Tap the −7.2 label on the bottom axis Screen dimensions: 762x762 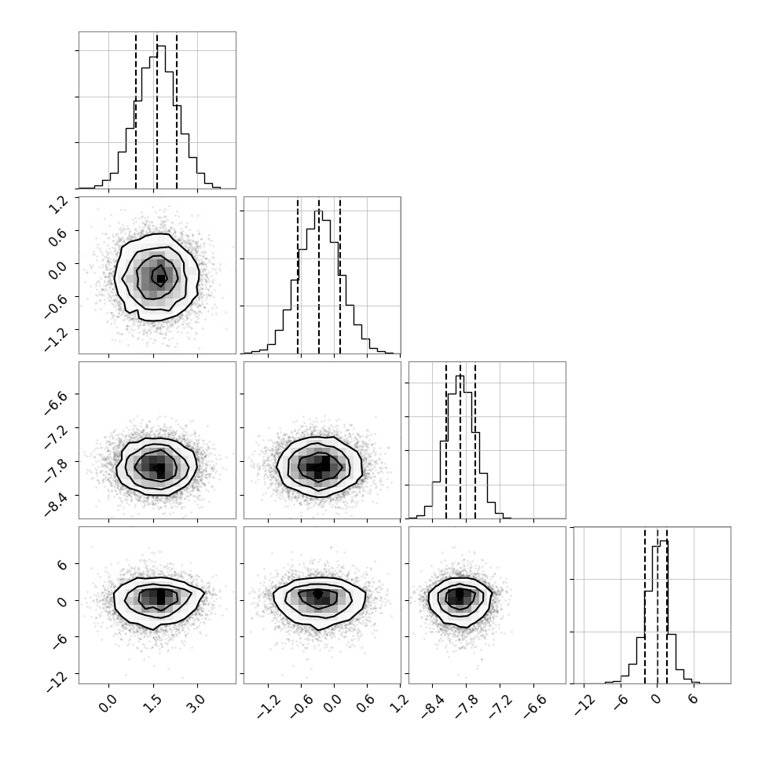point(497,705)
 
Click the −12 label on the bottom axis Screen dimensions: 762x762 point(585,705)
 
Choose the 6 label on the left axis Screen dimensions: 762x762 point(64,565)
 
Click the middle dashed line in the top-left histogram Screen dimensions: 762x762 point(157,110)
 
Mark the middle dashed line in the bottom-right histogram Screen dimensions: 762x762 point(658,605)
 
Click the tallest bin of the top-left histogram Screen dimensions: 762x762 point(161,116)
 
